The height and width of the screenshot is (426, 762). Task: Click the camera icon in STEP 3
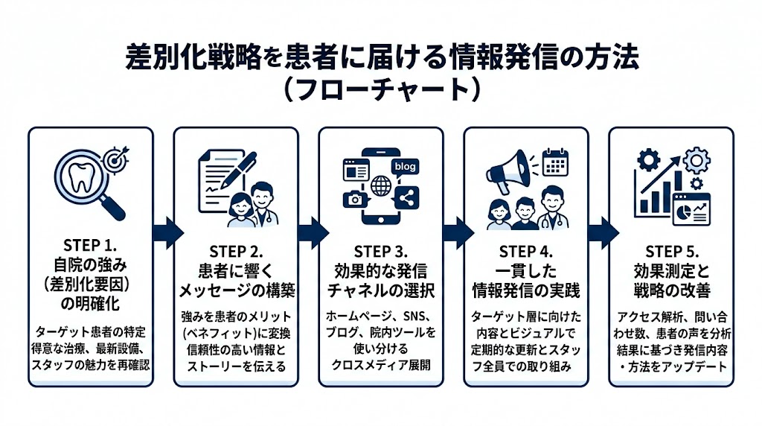tap(352, 199)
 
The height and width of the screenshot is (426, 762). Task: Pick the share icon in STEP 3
tap(408, 198)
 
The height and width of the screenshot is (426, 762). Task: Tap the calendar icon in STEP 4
tap(554, 162)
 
